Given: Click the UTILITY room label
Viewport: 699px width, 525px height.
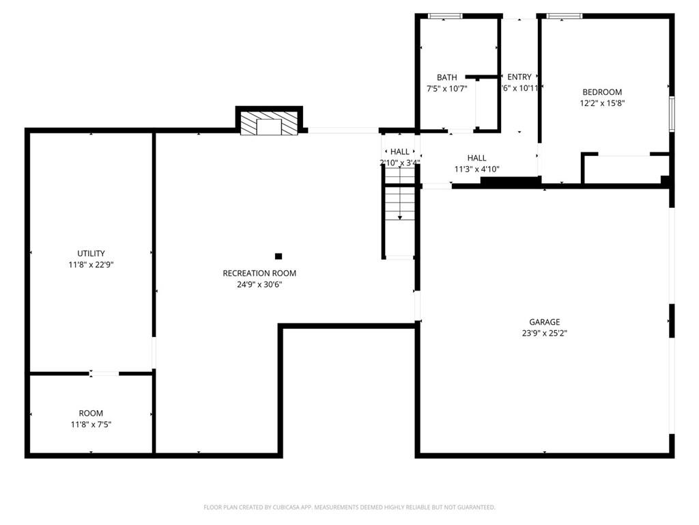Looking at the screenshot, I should pyautogui.click(x=91, y=254).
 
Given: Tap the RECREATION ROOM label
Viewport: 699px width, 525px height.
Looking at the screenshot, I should pyautogui.click(x=259, y=273).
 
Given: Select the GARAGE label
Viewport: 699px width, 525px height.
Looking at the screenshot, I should pyautogui.click(x=544, y=322).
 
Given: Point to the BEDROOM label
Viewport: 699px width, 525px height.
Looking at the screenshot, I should pyautogui.click(x=601, y=92).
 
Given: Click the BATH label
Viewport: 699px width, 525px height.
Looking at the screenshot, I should pyautogui.click(x=447, y=78).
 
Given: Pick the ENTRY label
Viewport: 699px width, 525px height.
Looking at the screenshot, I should pyautogui.click(x=519, y=77).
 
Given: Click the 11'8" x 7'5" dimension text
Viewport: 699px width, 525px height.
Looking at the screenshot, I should pyautogui.click(x=91, y=425).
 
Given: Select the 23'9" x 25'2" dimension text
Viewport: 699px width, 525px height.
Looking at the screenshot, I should pyautogui.click(x=544, y=334).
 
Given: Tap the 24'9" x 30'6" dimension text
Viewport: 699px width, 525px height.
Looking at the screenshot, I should pyautogui.click(x=259, y=284).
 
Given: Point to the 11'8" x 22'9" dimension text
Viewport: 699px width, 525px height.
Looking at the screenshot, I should pyautogui.click(x=91, y=265).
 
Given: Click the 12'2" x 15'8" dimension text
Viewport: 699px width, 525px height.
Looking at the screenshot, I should pyautogui.click(x=601, y=104).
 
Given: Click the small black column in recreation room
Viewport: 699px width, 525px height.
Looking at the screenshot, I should pyautogui.click(x=278, y=256).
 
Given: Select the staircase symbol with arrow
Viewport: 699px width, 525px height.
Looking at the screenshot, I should pyautogui.click(x=399, y=203).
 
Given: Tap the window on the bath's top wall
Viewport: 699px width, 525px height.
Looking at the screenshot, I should pyautogui.click(x=445, y=16).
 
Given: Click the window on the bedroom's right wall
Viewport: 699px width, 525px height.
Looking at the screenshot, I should pyautogui.click(x=672, y=113).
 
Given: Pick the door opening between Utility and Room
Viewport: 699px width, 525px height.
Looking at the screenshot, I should pyautogui.click(x=104, y=373).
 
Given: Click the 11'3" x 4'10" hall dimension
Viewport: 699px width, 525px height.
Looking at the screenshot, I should pyautogui.click(x=477, y=169).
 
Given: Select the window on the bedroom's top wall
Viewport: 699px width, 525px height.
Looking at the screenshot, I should pyautogui.click(x=565, y=16).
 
